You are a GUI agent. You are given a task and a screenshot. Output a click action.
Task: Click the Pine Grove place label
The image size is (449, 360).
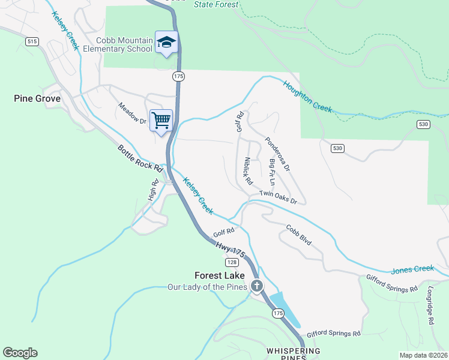point(37,98)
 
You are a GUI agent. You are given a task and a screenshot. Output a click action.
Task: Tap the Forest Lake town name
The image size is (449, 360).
point(220,275)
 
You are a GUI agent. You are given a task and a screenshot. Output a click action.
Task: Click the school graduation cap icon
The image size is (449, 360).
point(166,43)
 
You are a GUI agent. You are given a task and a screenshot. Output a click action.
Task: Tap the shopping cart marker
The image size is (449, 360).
point(161,120)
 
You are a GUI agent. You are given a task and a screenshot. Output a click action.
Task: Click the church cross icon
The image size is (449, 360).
point(257,286)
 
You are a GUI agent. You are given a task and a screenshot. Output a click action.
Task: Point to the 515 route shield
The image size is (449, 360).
point(32,40)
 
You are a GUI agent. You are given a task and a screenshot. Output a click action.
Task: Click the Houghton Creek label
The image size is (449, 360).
point(307,96)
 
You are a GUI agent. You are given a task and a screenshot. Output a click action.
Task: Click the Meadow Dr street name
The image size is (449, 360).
point(132,113)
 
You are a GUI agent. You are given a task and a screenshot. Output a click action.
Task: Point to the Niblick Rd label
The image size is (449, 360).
point(248,171)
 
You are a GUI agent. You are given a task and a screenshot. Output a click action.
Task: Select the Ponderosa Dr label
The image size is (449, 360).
point(277,154)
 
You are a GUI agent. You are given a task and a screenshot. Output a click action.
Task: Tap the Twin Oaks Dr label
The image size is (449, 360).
point(279,197)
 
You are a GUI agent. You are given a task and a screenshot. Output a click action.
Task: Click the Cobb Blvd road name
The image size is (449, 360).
point(298,235)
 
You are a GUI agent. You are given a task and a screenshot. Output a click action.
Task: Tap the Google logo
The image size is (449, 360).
point(20,353)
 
